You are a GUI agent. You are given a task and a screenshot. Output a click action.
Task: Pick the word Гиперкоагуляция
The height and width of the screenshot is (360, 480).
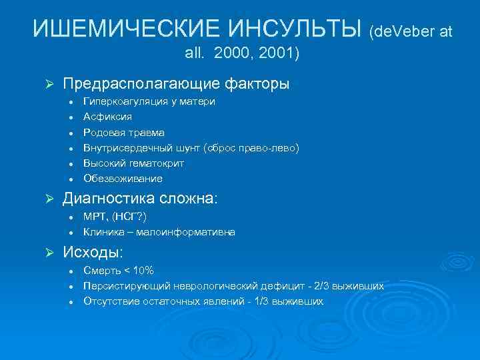point(121,102)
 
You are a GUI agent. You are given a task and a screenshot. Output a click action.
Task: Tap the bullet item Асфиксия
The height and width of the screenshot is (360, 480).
point(103,117)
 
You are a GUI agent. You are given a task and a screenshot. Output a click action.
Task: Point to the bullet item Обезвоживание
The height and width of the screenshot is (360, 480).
point(113,179)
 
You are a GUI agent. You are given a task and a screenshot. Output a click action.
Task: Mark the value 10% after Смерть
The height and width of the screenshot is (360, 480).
point(143,270)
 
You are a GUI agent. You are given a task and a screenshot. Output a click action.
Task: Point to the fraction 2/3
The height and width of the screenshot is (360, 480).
point(330,285)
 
